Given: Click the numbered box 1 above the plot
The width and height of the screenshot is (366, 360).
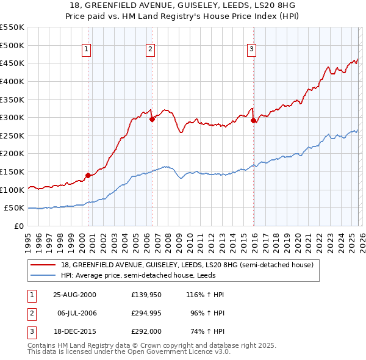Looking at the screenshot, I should (x=86, y=50).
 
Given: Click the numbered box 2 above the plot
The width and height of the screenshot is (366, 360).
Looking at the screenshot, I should (x=150, y=50).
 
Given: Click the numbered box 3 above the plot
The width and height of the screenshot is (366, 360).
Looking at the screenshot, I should (x=251, y=50).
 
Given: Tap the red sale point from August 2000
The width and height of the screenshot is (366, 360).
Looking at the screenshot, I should (x=88, y=175).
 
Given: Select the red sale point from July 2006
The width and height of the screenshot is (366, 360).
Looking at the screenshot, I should (x=152, y=119).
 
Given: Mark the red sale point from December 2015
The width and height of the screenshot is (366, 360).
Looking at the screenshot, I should (x=253, y=120).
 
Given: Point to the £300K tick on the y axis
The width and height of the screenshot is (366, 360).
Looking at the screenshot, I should (x=12, y=117).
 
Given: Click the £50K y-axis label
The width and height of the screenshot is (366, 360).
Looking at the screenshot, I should (x=15, y=208).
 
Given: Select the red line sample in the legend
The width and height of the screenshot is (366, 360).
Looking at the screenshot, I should (x=43, y=265).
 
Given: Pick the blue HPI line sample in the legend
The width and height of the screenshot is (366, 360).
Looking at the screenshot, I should (x=43, y=275).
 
